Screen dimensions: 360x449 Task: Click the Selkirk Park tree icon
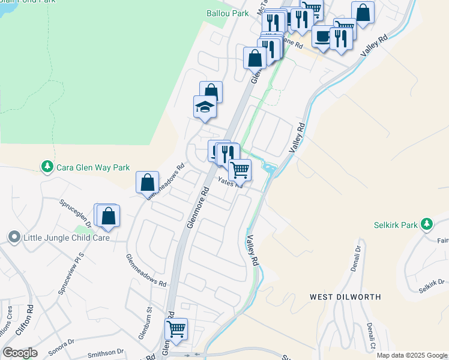tap(426, 224)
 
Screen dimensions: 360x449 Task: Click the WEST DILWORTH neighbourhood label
tap(345, 297)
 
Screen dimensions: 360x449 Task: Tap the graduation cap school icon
tap(204, 107)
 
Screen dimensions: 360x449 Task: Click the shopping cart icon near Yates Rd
tap(240, 170)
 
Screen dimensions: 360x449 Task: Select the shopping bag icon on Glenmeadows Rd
tap(147, 182)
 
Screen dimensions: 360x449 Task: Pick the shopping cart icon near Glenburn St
tap(176, 328)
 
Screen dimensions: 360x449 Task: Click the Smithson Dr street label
tap(105, 352)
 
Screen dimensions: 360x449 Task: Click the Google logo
tap(20, 353)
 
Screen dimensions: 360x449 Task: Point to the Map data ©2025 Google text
tap(412, 355)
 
